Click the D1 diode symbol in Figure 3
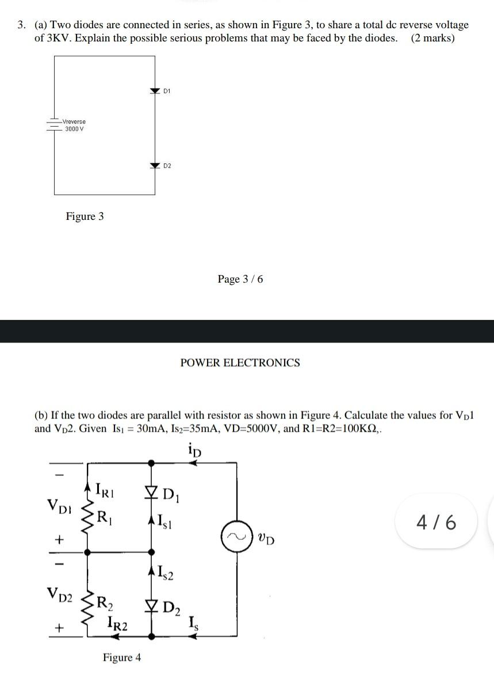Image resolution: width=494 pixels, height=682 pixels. pyautogui.click(x=154, y=91)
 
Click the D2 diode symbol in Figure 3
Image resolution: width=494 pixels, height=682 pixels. pyautogui.click(x=154, y=166)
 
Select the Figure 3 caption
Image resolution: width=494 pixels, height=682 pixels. pyautogui.click(x=85, y=216)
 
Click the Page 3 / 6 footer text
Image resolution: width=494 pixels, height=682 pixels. pyautogui.click(x=240, y=279)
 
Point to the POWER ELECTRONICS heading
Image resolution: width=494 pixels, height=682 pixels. pyautogui.click(x=240, y=363)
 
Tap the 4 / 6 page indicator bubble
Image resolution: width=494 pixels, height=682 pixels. pyautogui.click(x=438, y=523)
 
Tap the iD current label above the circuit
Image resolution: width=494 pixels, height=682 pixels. pyautogui.click(x=194, y=449)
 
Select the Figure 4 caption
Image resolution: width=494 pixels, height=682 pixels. pyautogui.click(x=122, y=657)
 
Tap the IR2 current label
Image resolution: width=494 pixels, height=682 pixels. pyautogui.click(x=117, y=623)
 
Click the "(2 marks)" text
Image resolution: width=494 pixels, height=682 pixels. pyautogui.click(x=432, y=39)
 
